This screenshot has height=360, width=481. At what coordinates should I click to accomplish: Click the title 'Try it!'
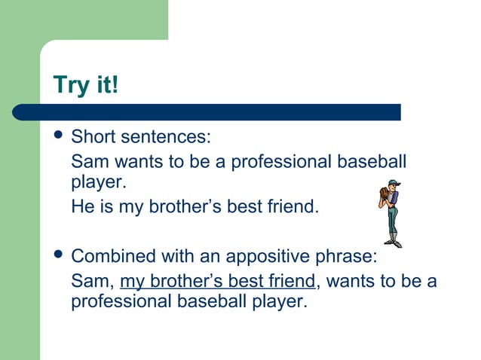click(x=86, y=84)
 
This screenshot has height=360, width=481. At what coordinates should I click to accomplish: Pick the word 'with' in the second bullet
click(x=169, y=256)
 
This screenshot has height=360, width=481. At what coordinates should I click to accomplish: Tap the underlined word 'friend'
click(x=290, y=282)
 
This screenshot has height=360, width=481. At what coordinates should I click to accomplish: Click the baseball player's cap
click(x=393, y=183)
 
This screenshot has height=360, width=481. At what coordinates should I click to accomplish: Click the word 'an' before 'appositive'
click(x=207, y=256)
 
